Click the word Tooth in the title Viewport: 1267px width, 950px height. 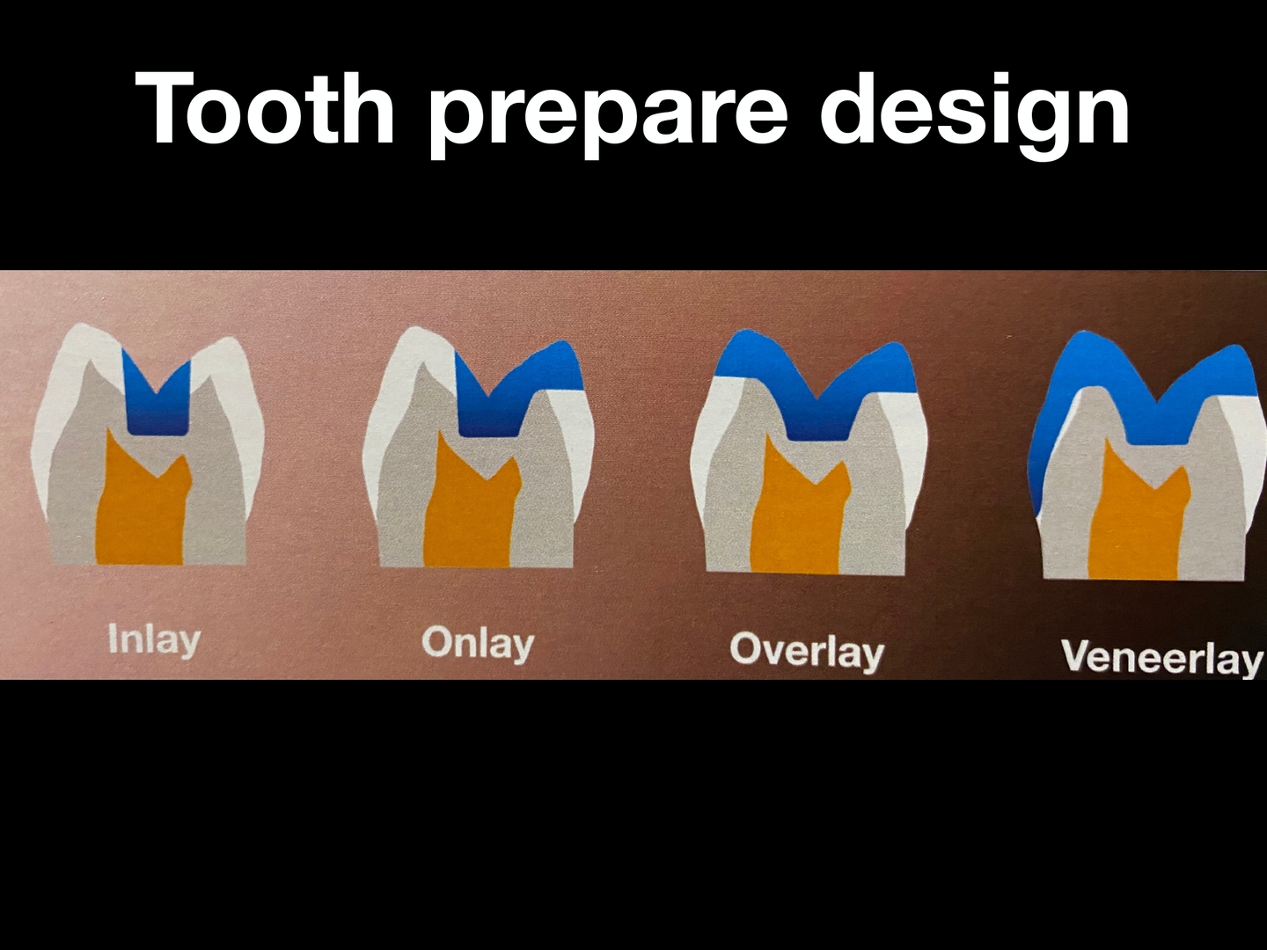click(x=264, y=108)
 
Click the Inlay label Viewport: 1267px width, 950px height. click(x=154, y=639)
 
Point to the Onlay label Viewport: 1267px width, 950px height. click(x=478, y=643)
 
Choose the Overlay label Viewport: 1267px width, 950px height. click(x=806, y=651)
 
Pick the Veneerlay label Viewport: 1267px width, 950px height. click(x=1162, y=657)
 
